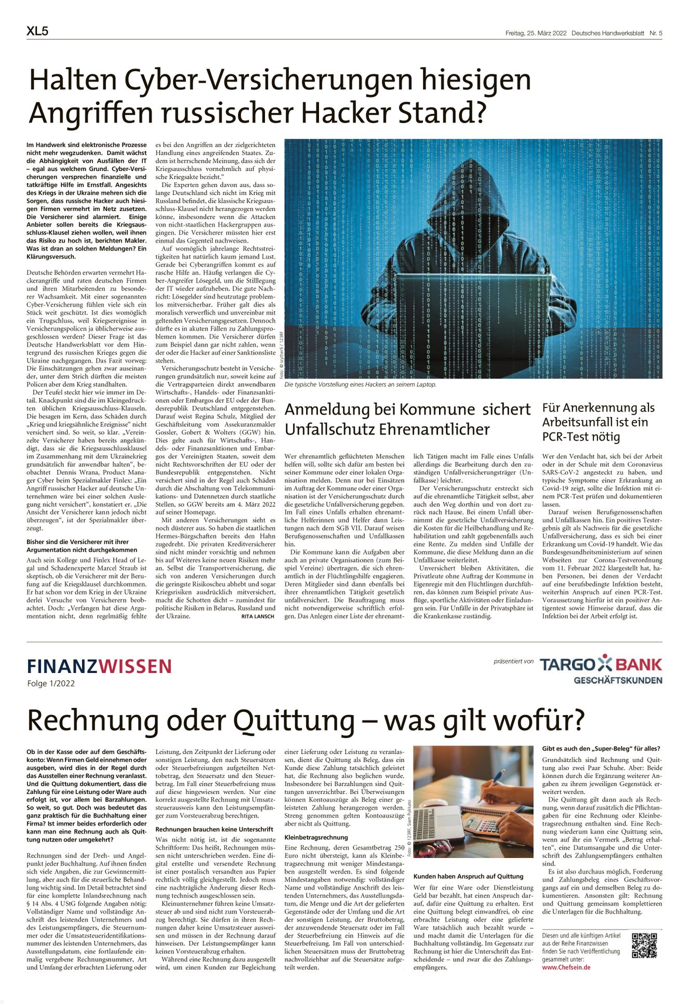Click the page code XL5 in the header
point(37,32)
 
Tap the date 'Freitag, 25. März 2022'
point(535,33)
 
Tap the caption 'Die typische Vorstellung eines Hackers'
point(360,385)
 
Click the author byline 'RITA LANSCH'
point(258,616)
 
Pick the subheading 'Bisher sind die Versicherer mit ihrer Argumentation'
point(82,546)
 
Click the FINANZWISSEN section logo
point(99,666)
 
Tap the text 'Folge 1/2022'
point(51,683)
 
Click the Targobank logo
point(601,669)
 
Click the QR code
point(644,945)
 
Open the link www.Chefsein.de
point(566,967)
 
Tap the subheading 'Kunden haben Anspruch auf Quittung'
point(468,876)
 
